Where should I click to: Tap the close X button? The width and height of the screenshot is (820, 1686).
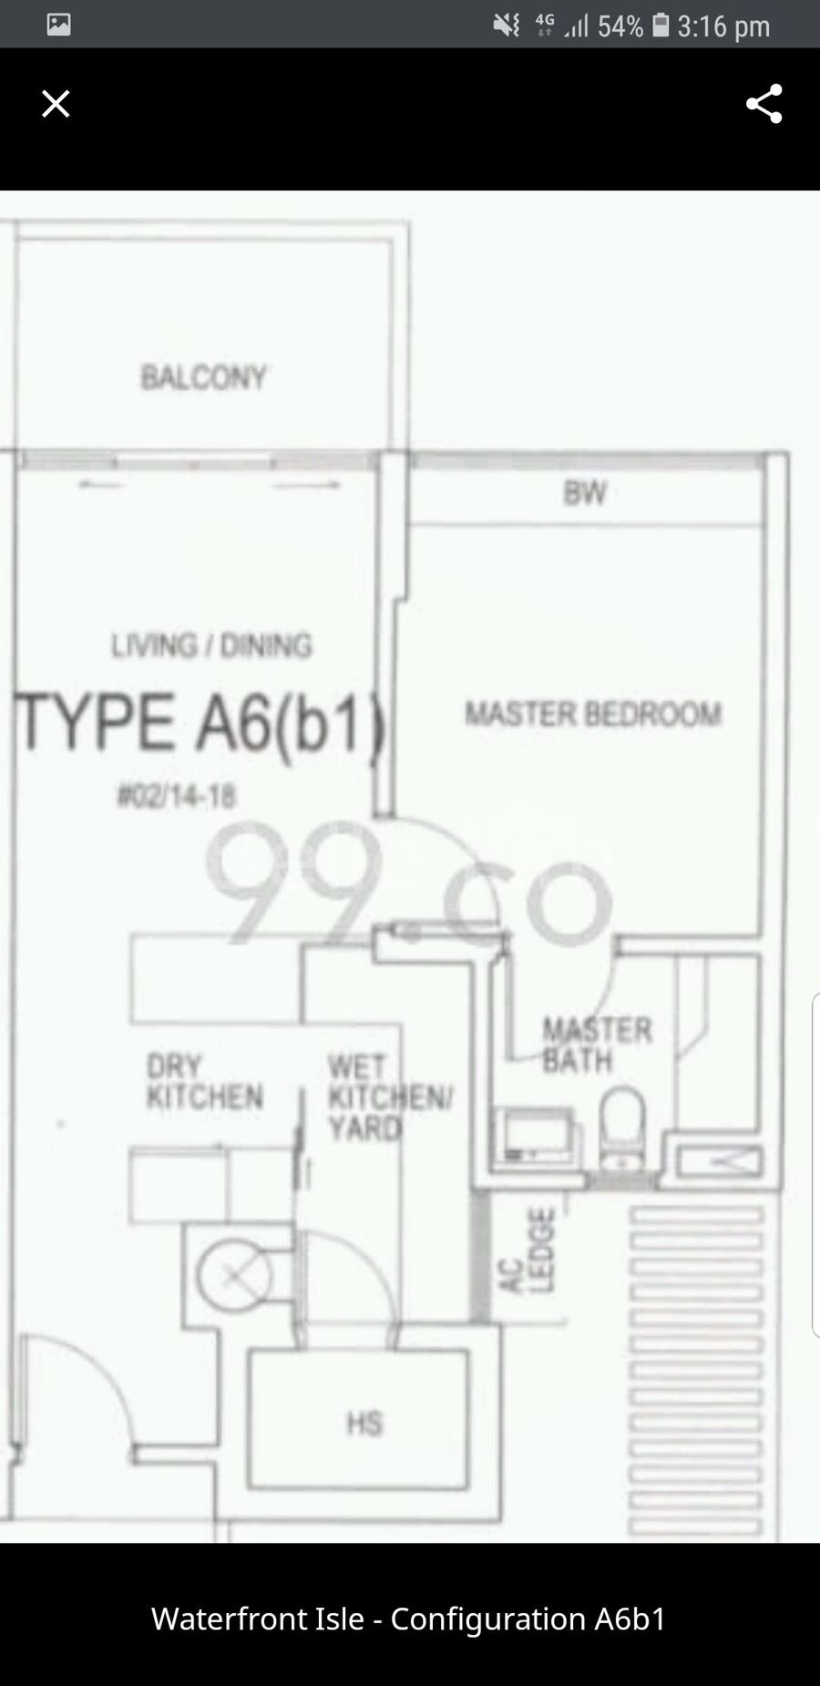point(56,104)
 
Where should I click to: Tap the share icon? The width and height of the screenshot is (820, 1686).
point(764,104)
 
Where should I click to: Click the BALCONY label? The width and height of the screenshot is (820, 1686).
point(203,377)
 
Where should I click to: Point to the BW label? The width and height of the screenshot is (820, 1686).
point(584,493)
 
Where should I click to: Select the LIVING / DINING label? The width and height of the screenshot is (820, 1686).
point(211,645)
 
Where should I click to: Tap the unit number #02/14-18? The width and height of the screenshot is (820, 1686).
point(176,796)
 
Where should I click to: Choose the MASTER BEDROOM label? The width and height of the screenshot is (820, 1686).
point(593,714)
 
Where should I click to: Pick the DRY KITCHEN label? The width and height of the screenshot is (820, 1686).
point(205,1081)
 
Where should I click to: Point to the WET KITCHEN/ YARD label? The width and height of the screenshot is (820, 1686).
point(389,1097)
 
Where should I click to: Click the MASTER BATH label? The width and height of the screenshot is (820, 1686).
point(597,1044)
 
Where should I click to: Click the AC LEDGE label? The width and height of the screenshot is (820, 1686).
point(528,1250)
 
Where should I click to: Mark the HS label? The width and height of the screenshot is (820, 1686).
point(364,1423)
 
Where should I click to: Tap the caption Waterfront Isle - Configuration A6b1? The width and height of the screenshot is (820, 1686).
point(409,1618)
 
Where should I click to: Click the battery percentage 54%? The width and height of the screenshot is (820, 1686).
point(620,26)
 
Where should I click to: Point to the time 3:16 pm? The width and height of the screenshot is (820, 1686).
point(723,26)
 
